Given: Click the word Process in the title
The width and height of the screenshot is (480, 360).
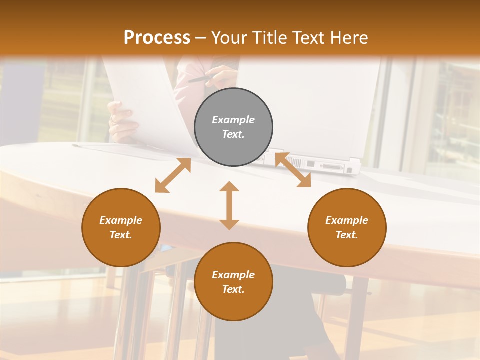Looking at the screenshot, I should pyautogui.click(x=157, y=38).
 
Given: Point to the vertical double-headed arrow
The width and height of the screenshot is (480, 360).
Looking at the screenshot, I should pyautogui.click(x=229, y=205).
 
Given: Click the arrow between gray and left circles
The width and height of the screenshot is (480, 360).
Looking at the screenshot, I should pyautogui.click(x=173, y=175).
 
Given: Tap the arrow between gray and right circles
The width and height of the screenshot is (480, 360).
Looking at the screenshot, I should pyautogui.click(x=293, y=170).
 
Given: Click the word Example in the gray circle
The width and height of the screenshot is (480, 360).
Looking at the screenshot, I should pyautogui.click(x=233, y=120).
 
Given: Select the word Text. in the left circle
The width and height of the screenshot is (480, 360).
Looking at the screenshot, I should pyautogui.click(x=121, y=235).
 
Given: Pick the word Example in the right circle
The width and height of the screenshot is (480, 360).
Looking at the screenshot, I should pyautogui.click(x=347, y=220).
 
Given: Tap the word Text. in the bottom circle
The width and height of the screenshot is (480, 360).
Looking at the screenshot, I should pyautogui.click(x=233, y=289).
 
